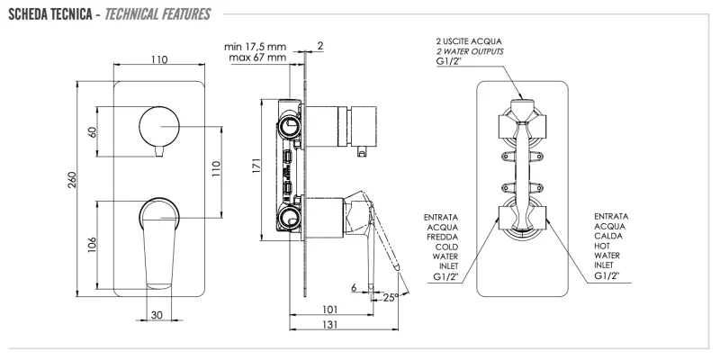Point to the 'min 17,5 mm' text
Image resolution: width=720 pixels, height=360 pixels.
(256, 45)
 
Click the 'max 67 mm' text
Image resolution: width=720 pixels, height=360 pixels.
(256, 58)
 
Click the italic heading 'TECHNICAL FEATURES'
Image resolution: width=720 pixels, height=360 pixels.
(158, 15)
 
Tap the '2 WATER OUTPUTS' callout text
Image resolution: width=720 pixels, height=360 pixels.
(470, 53)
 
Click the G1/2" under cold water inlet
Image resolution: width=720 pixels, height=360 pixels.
(447, 277)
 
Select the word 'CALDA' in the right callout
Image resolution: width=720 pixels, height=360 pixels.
(611, 237)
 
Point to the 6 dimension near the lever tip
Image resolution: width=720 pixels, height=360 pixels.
(355, 287)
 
